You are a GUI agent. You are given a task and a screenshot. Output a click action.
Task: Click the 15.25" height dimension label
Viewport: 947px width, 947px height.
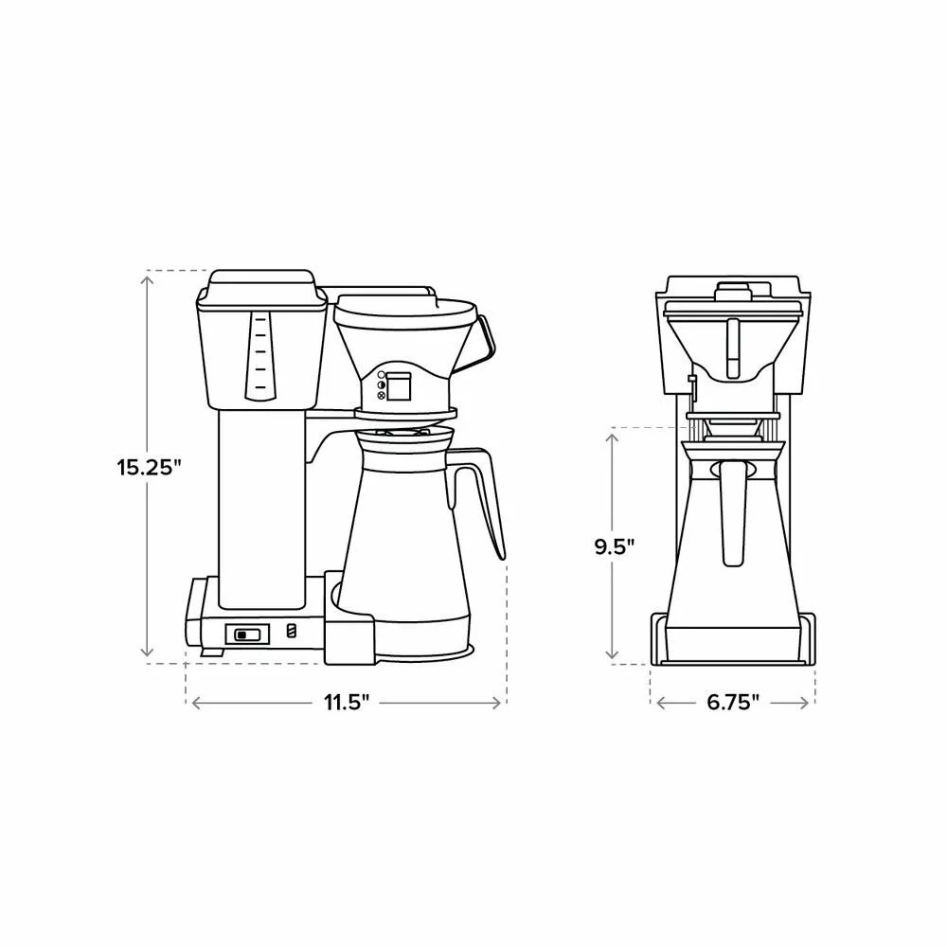[x=150, y=467]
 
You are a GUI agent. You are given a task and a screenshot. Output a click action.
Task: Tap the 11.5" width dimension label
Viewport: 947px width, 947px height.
[x=346, y=703]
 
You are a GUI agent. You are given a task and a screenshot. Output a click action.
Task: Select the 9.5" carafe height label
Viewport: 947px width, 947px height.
[x=615, y=546]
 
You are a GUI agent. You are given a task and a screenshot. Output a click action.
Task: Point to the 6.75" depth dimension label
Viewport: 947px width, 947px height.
[x=733, y=703]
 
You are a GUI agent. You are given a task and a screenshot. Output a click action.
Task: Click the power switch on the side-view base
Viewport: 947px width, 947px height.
[x=246, y=634]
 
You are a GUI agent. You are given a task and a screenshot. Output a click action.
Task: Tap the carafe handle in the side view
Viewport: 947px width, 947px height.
[x=478, y=501]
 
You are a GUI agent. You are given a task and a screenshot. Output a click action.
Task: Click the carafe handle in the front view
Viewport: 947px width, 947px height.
[x=732, y=513]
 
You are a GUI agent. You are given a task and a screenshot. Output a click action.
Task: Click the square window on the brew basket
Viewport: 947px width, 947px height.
[x=399, y=386]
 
